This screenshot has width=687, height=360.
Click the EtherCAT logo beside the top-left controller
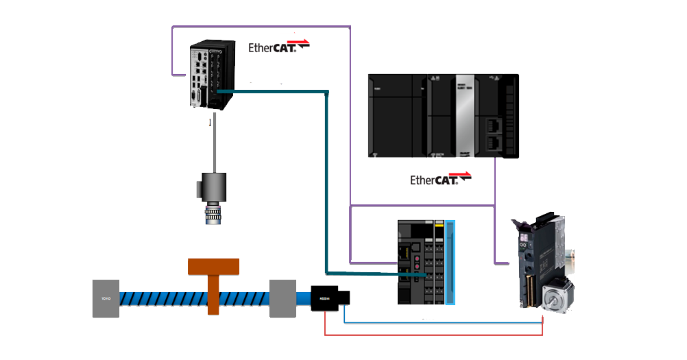tap(278, 46)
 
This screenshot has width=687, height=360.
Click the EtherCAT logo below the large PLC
tap(440, 180)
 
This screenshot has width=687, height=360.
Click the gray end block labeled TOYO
tap(106, 298)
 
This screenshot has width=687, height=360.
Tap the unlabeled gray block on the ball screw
tap(282, 298)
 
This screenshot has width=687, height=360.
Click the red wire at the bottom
tap(432, 335)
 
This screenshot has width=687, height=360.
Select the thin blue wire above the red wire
tap(439, 321)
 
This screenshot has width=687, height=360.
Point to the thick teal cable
tap(326, 178)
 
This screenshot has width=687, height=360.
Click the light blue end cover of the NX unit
tap(450, 262)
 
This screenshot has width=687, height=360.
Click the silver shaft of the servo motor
tap(550, 300)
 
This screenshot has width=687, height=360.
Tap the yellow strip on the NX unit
tap(439, 224)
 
